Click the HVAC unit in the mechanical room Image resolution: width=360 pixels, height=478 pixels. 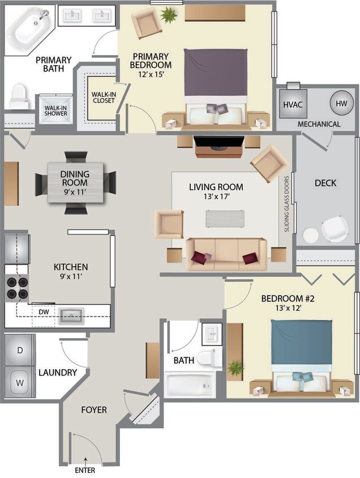293,104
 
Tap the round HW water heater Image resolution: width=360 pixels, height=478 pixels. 341,104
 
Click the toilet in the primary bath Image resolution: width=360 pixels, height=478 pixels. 19,96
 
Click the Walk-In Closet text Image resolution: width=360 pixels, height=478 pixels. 103,97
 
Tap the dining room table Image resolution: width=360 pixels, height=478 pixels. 75,182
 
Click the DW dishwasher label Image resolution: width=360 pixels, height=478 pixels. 44,311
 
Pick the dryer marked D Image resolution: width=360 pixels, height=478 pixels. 20,351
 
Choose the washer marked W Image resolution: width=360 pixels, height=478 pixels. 20,382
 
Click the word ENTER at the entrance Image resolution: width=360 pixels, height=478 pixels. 85,470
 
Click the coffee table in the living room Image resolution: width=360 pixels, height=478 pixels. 225,219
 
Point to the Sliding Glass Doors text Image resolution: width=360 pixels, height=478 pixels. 287,203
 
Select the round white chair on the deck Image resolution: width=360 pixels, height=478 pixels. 334,228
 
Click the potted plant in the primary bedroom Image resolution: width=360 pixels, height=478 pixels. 168,15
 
